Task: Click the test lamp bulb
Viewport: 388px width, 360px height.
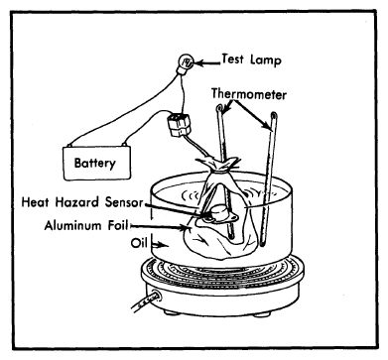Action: [x=186, y=62]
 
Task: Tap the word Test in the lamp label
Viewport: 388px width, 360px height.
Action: [x=233, y=60]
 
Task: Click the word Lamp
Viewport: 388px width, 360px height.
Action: [x=266, y=60]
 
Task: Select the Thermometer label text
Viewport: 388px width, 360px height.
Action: [x=249, y=94]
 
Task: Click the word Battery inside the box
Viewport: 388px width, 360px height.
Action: [x=95, y=163]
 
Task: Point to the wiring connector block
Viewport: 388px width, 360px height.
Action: [x=179, y=125]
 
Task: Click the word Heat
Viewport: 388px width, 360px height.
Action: [x=37, y=201]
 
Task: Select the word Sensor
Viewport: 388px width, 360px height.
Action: [x=124, y=202]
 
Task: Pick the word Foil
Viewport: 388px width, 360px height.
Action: [x=118, y=225]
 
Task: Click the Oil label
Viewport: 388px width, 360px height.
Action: [x=139, y=243]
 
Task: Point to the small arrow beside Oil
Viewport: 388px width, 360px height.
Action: [x=159, y=245]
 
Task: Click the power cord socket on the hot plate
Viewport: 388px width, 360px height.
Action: [x=156, y=296]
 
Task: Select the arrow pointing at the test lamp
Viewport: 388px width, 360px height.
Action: [x=207, y=62]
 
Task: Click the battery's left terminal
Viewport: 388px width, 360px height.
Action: [x=69, y=145]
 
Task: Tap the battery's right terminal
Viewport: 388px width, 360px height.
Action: [x=124, y=145]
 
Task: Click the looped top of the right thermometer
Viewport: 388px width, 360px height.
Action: [x=274, y=116]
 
